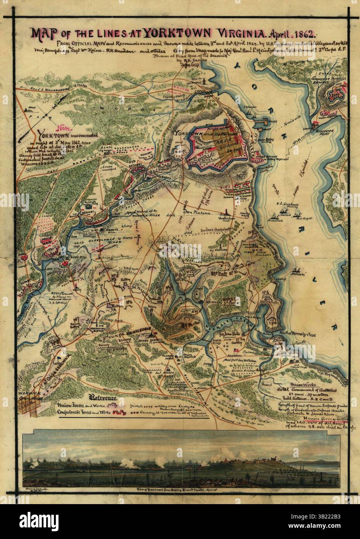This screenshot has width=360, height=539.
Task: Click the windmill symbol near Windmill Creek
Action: [x=201, y=81]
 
